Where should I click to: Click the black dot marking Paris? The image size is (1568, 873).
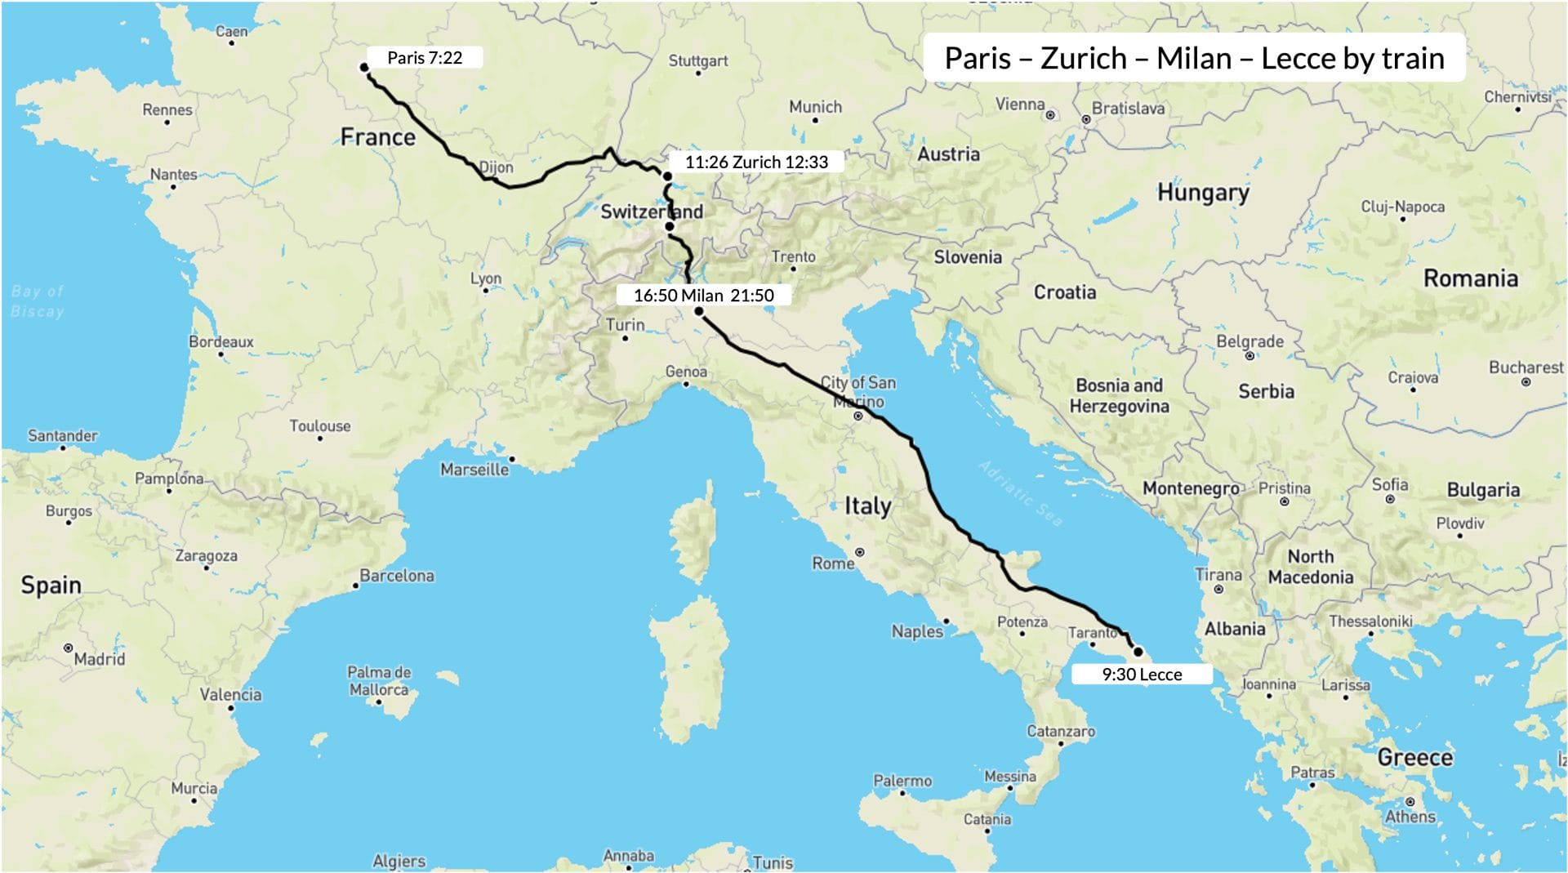coord(364,67)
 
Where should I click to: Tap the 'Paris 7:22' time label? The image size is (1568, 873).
coord(424,58)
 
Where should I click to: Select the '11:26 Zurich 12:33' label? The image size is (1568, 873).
coord(755,162)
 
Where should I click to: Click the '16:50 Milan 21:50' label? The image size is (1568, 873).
coord(703,296)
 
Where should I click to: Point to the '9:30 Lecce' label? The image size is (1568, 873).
coord(1141,675)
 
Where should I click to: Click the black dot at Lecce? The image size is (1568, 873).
coord(1138,652)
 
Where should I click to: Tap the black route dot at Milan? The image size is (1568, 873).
coord(699,311)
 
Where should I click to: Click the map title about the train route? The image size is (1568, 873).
coord(1194,58)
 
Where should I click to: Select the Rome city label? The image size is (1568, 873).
coord(832,563)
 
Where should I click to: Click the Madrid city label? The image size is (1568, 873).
coord(100,658)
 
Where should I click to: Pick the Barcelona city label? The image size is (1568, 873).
coord(397,576)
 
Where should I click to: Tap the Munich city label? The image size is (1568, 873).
coord(815,107)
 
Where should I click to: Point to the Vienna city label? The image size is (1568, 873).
coord(1020,105)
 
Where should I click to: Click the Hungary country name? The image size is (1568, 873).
coord(1203,193)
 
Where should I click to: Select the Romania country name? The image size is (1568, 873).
coord(1470,278)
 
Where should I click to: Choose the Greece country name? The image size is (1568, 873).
coord(1414,758)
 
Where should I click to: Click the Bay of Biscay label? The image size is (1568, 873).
coord(38,301)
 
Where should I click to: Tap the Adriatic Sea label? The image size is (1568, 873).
coord(1021,493)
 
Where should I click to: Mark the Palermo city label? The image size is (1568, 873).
coord(902,781)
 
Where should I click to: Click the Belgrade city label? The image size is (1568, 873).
coord(1249,341)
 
